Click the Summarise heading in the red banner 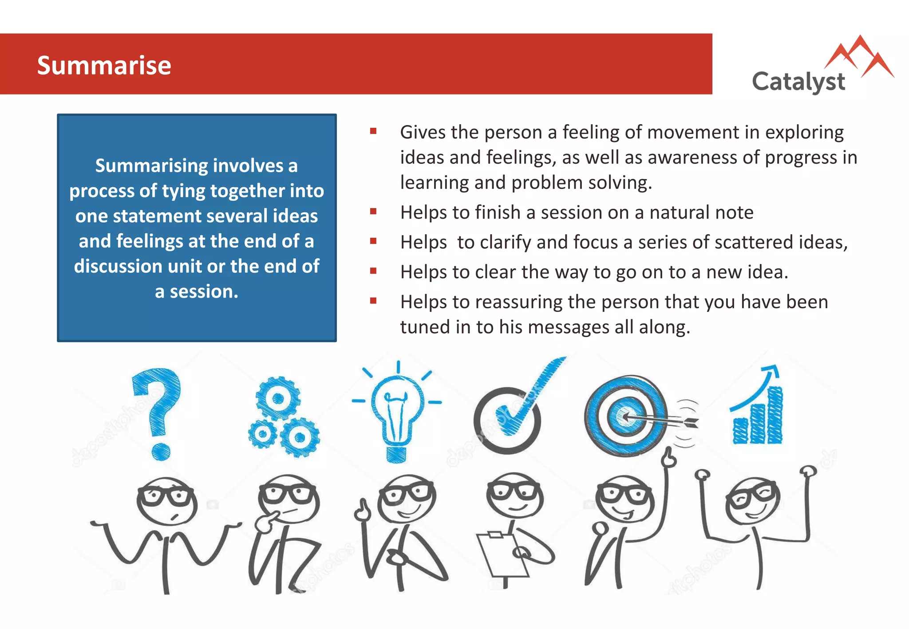104,66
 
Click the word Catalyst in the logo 798,82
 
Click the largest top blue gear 278,398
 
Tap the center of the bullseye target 625,416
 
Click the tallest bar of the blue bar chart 775,415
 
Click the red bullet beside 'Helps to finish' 373,212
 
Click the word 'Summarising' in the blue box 151,166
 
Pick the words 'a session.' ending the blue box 197,292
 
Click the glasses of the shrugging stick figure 165,495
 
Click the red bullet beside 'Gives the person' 373,131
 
